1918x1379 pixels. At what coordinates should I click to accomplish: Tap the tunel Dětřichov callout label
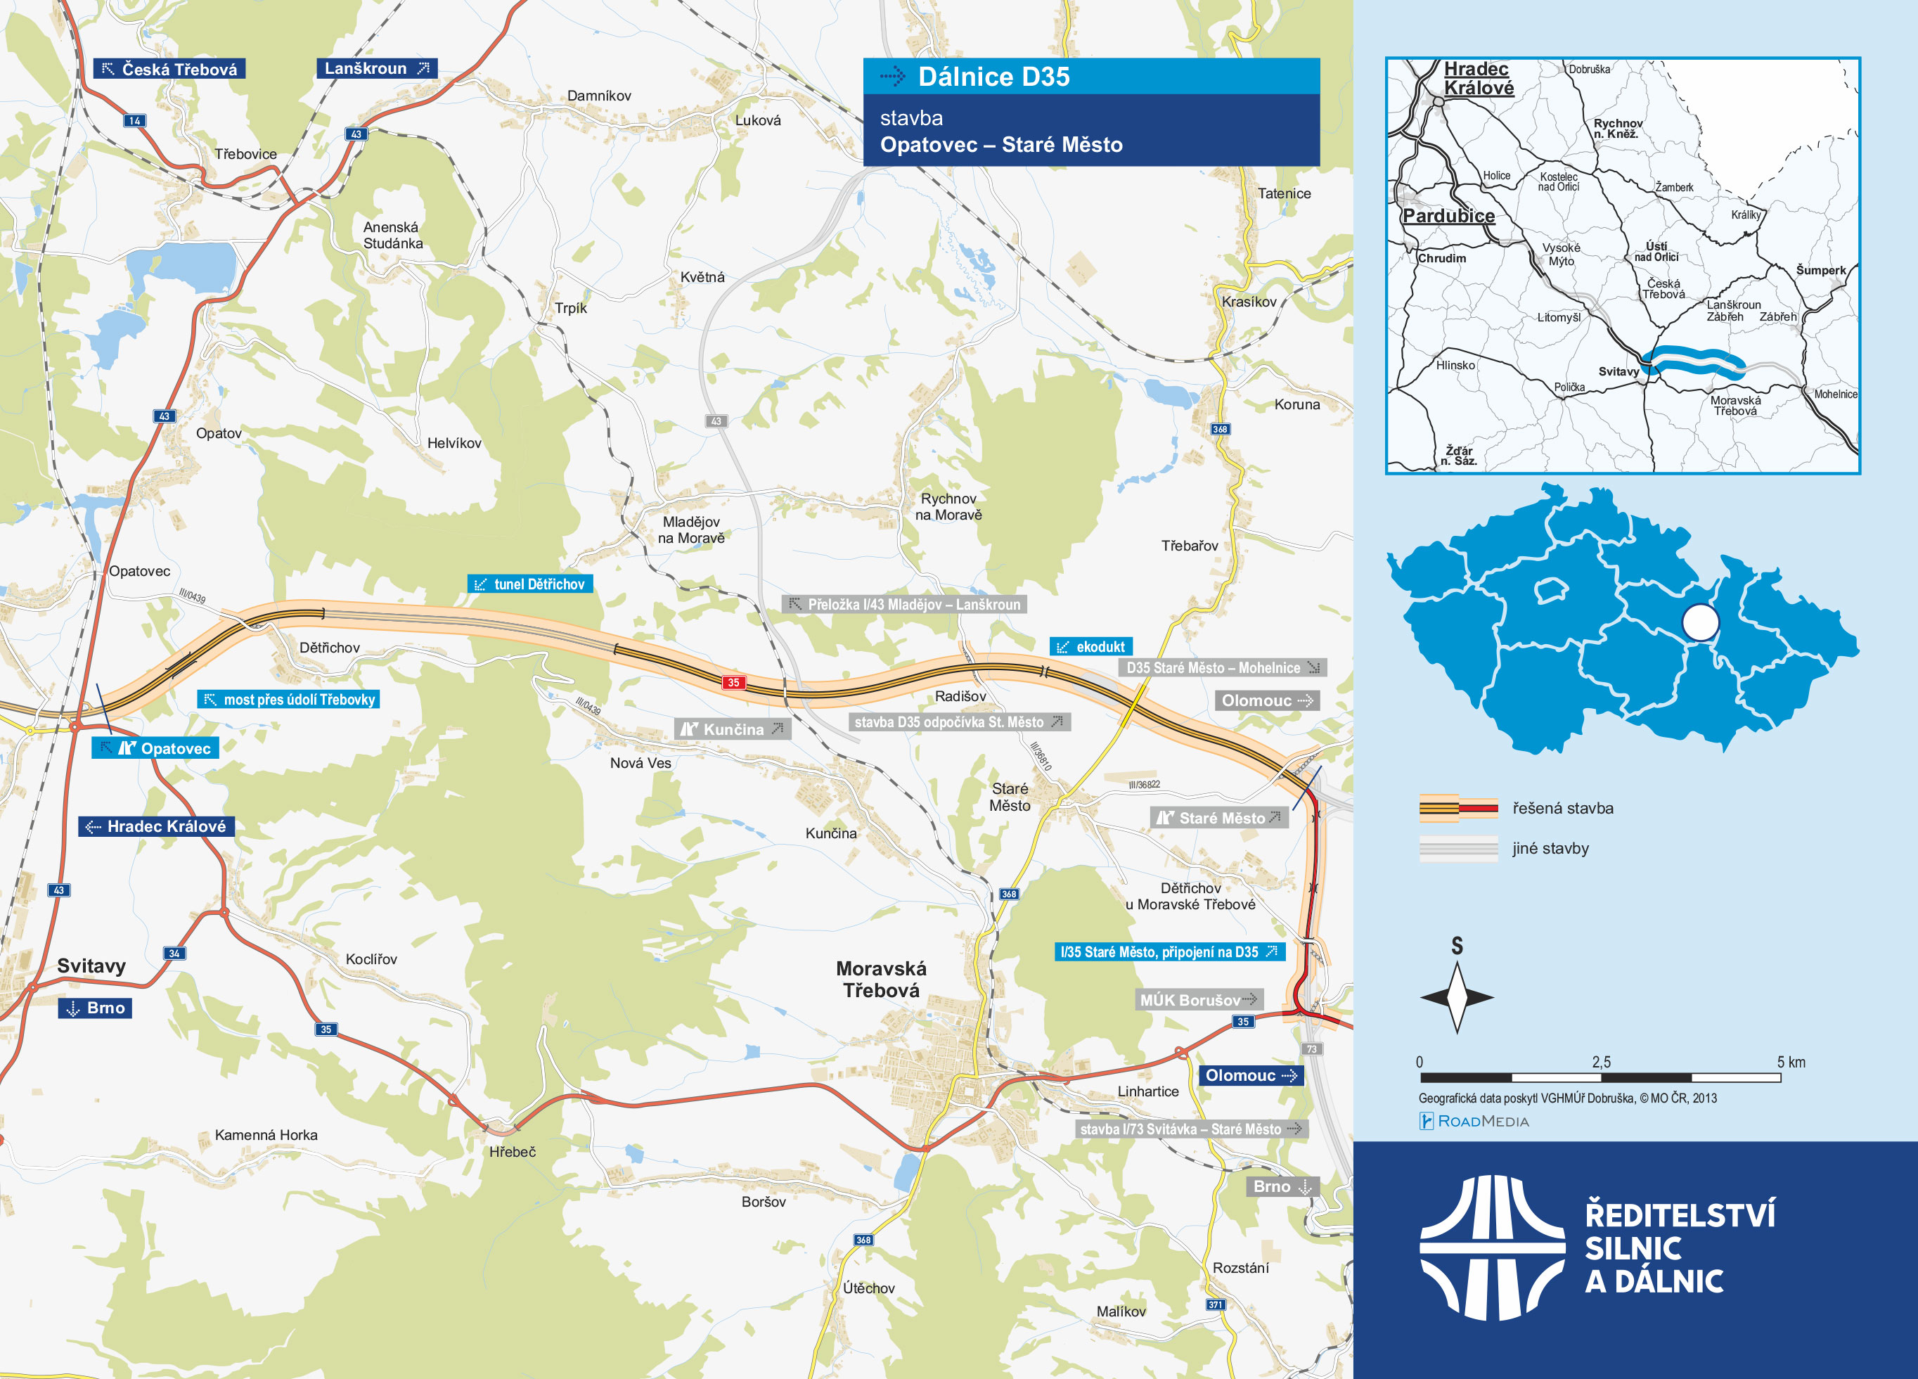click(530, 584)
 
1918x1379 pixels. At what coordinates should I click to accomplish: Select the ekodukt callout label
click(1091, 646)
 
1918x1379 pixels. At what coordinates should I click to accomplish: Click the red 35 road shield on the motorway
click(733, 682)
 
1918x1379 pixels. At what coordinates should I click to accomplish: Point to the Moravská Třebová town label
click(880, 979)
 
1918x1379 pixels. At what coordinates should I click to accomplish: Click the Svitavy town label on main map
click(91, 966)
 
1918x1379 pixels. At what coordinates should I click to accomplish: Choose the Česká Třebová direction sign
click(169, 68)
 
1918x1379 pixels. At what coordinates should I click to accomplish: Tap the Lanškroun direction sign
click(376, 68)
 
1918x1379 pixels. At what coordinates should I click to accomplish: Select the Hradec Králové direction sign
click(157, 826)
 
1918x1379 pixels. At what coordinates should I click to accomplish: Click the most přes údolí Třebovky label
click(288, 699)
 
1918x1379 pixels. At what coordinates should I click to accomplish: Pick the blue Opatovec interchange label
click(155, 748)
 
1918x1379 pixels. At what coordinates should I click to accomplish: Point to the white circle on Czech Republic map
click(1700, 622)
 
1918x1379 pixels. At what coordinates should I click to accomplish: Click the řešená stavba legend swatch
click(1458, 808)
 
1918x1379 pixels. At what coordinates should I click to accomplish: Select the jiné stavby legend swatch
click(1458, 847)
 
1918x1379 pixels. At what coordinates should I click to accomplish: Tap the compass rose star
click(1456, 997)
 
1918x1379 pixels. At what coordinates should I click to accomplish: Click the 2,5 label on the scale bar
click(1601, 1062)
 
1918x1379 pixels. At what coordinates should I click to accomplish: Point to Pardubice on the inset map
click(1448, 216)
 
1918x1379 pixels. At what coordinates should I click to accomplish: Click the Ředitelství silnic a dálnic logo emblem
click(1492, 1247)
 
